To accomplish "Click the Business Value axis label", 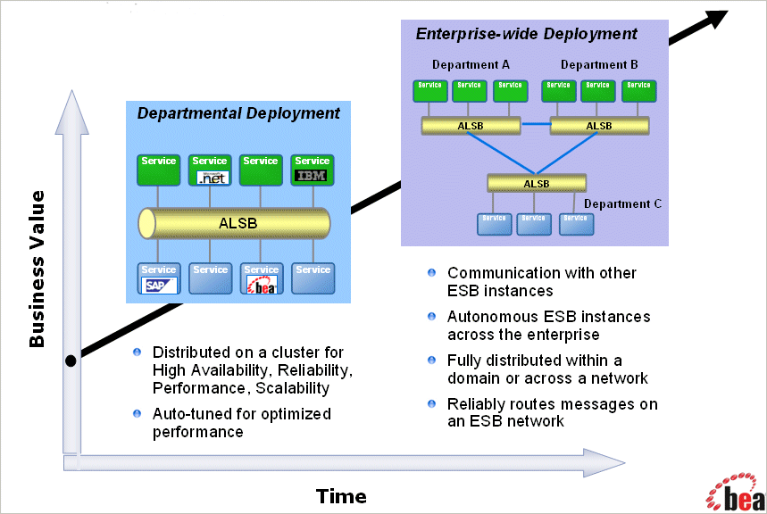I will (x=37, y=278).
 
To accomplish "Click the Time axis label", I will (x=341, y=496).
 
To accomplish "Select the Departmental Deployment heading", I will (x=238, y=113).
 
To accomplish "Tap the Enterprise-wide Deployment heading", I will (x=527, y=34).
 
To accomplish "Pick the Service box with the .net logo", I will (x=210, y=170).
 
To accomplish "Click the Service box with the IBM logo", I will (x=313, y=170).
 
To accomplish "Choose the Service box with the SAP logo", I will (x=159, y=278).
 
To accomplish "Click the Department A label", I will (x=471, y=65).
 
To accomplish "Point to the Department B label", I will (x=599, y=65).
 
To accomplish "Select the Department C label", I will (x=622, y=203).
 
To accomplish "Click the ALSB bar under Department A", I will (x=471, y=126).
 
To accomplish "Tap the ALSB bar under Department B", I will (x=599, y=126).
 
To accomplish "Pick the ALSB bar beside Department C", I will (x=536, y=184).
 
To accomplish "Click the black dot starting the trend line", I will (x=71, y=361).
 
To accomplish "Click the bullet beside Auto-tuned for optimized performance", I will (x=137, y=413).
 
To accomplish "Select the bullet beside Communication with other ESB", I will (x=432, y=272).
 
